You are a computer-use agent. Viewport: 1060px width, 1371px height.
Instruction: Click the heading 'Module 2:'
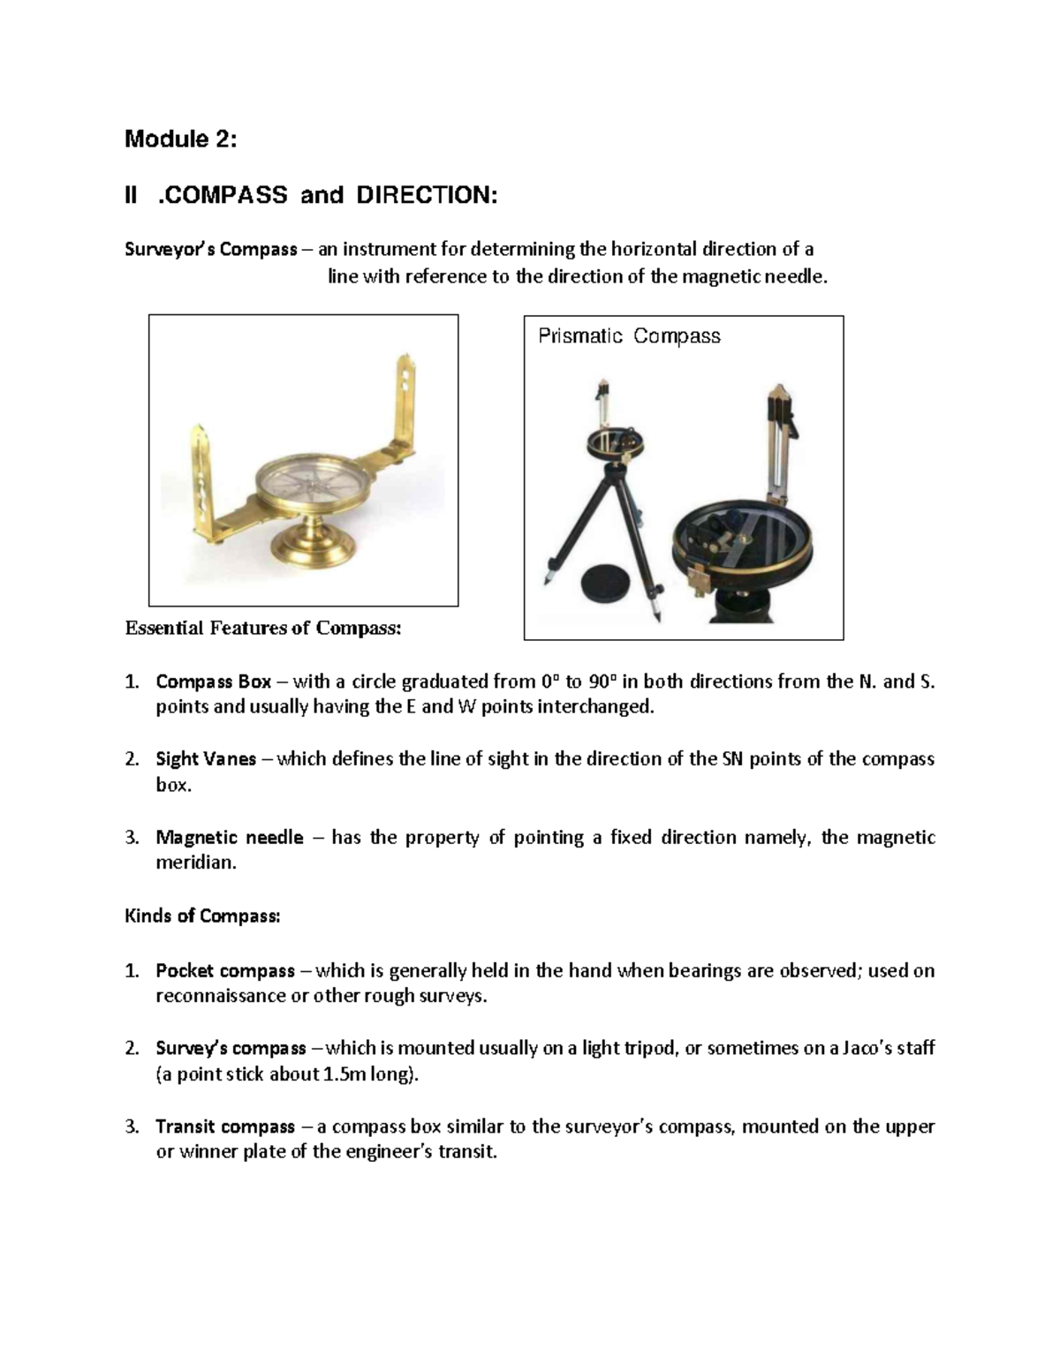point(180,139)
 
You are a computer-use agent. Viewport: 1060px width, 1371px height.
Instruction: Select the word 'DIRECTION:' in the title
point(427,195)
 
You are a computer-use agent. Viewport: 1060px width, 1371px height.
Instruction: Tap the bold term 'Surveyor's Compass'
point(210,250)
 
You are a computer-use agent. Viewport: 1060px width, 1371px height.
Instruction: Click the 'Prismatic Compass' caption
point(629,336)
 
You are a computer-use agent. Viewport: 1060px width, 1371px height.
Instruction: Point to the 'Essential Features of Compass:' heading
point(263,629)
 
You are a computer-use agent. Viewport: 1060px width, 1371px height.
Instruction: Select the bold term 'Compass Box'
point(213,682)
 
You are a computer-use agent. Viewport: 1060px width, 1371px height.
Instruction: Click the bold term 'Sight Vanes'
point(205,759)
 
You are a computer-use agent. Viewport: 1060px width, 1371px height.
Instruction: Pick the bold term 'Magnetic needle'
point(229,838)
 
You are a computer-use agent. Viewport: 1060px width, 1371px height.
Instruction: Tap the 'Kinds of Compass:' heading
point(202,916)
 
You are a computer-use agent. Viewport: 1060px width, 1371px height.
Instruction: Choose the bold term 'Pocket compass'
point(224,971)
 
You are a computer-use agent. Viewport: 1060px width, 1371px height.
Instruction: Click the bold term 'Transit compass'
point(224,1127)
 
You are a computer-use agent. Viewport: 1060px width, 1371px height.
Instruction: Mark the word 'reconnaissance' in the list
point(220,997)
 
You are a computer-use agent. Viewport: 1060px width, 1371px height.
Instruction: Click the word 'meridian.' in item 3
point(196,863)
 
